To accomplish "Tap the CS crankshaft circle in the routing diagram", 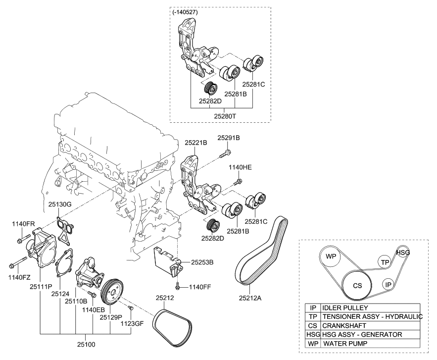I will coord(357,286).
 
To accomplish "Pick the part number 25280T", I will coord(225,115).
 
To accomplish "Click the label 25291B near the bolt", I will coord(229,137).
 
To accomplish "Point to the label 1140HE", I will coord(240,168).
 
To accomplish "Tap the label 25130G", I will coord(60,204).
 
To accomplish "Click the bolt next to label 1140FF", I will coord(177,286).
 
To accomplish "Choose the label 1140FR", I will coord(23,224).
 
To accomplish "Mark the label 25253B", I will coord(195,262).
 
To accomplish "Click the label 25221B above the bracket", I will coord(196,142).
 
